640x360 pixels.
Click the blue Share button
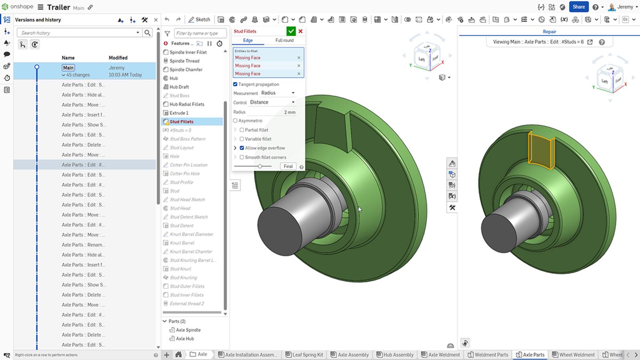click(x=578, y=7)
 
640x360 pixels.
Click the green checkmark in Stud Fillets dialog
click(x=291, y=31)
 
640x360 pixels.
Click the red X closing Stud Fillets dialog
click(x=300, y=31)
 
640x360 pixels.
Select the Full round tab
click(x=284, y=40)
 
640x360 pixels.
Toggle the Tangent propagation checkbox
click(x=235, y=84)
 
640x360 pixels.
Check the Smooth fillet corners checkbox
click(x=242, y=157)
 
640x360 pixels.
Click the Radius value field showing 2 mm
click(x=280, y=112)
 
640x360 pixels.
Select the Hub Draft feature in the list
click(x=179, y=87)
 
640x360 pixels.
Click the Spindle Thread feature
click(x=184, y=61)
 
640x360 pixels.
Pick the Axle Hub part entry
click(x=184, y=338)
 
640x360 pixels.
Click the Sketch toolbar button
click(x=199, y=19)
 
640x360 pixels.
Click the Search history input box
click(x=78, y=33)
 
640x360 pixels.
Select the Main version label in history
click(x=68, y=68)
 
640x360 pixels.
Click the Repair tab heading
click(x=549, y=32)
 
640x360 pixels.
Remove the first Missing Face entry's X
click(x=298, y=58)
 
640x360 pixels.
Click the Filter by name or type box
click(x=200, y=33)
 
